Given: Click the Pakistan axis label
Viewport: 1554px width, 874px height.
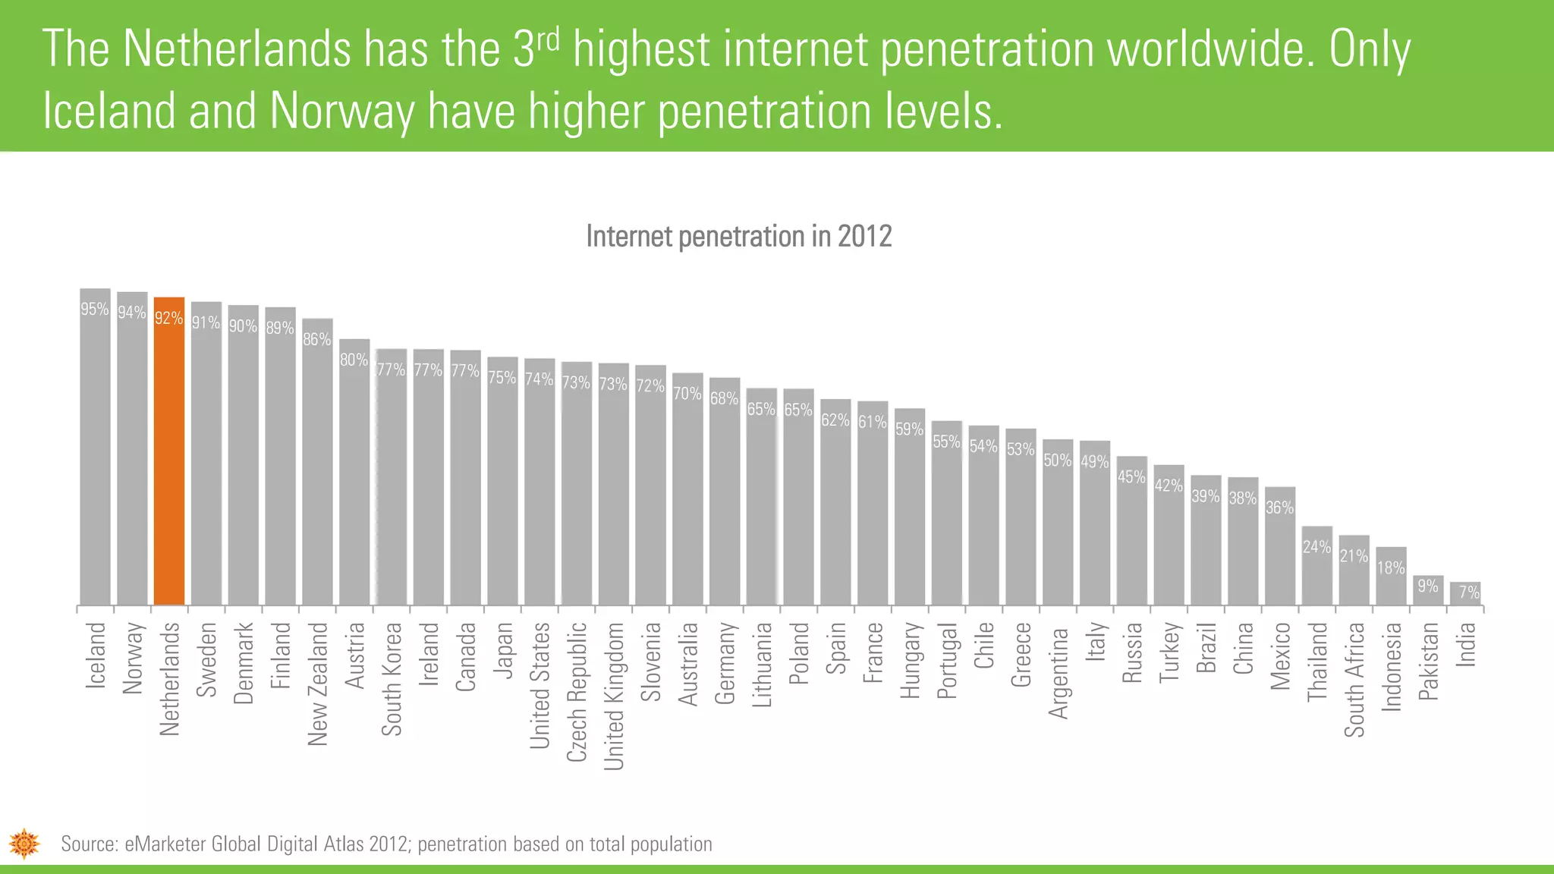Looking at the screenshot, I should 1428,661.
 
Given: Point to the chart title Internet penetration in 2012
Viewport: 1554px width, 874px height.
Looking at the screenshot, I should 738,236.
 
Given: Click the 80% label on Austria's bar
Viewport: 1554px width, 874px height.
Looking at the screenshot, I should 354,360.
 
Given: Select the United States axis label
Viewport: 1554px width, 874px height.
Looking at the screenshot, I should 539,685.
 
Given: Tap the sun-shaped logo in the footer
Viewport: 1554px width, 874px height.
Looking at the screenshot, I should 24,843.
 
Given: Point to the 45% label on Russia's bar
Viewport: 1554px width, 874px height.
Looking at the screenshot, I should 1131,476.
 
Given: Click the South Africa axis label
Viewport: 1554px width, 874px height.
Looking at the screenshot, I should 1354,679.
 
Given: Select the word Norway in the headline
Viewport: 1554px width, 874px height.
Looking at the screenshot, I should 342,112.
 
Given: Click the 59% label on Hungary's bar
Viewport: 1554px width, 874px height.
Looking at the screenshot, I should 909,429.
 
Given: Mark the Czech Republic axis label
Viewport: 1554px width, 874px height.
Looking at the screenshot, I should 577,691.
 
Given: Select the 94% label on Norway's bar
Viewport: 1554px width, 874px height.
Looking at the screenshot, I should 131,312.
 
